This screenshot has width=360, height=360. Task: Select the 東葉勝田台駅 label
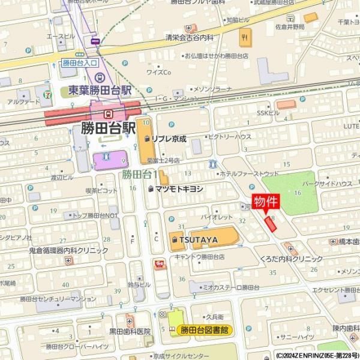pyautogui.click(x=95, y=90)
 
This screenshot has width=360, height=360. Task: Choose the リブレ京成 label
pyautogui.click(x=169, y=139)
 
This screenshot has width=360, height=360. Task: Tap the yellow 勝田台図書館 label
pyautogui.click(x=204, y=329)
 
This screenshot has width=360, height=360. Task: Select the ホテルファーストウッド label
pyautogui.click(x=249, y=173)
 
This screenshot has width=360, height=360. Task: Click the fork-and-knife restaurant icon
pyautogui.click(x=244, y=39)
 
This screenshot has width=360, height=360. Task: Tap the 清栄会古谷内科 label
pyautogui.click(x=189, y=37)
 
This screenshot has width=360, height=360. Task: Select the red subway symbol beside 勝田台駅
pyautogui.click(x=108, y=113)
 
